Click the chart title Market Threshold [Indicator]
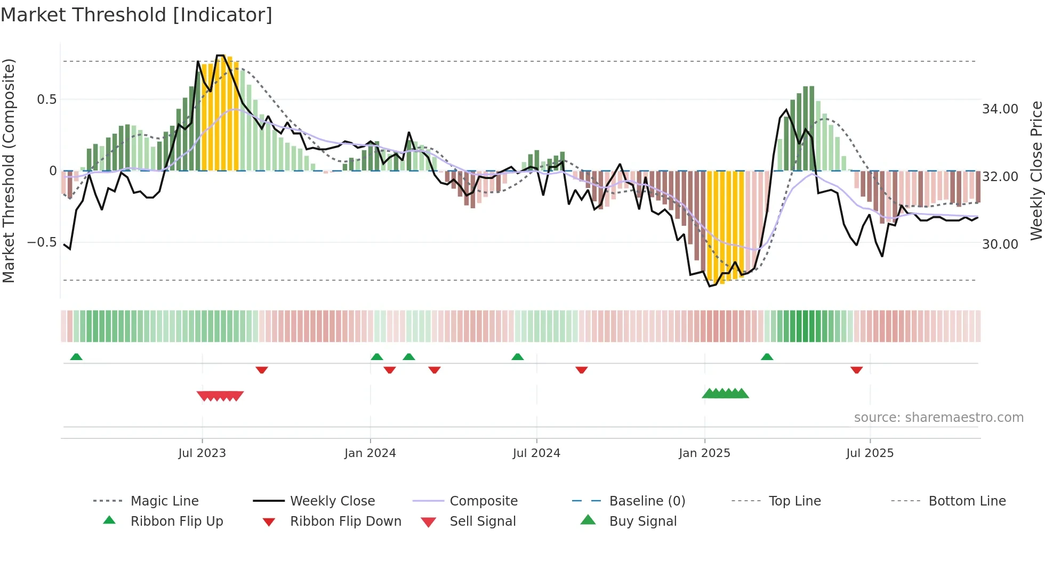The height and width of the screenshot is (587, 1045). click(x=136, y=15)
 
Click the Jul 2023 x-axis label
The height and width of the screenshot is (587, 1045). click(x=202, y=453)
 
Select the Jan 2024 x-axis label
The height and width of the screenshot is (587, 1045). click(x=370, y=453)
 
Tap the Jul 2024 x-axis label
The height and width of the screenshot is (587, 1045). click(x=536, y=453)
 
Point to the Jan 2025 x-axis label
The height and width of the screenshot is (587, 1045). click(x=704, y=453)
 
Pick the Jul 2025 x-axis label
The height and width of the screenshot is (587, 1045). click(x=870, y=453)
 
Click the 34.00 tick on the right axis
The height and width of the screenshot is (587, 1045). click(x=1000, y=109)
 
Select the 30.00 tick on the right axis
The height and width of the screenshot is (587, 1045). click(x=1000, y=244)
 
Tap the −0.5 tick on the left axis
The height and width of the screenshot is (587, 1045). click(x=42, y=242)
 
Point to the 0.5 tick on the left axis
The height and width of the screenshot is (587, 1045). click(x=46, y=100)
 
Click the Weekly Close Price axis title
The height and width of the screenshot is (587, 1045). click(x=1036, y=170)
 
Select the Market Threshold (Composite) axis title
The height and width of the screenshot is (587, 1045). click(x=9, y=170)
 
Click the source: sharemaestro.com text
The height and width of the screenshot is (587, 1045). click(x=938, y=418)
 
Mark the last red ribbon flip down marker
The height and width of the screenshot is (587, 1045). click(x=857, y=370)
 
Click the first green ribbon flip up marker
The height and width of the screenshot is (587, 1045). click(x=76, y=357)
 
